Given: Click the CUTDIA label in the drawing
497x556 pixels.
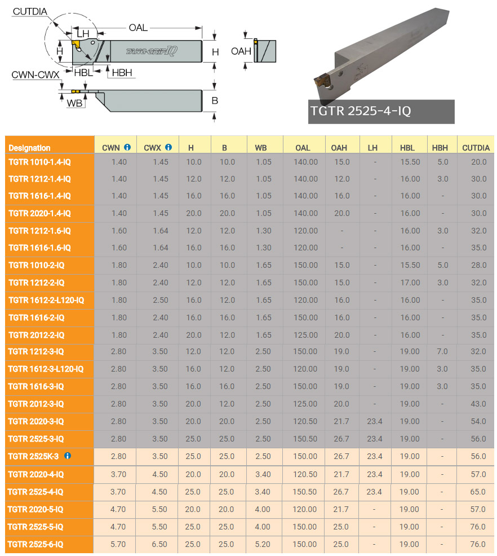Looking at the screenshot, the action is tap(30, 11).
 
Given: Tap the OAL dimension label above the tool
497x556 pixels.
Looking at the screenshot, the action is tap(138, 28).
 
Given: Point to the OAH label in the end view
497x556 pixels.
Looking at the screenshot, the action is tap(241, 51).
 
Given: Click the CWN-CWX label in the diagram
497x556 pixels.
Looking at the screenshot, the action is tap(35, 75).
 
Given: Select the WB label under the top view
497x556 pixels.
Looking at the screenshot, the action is tap(74, 103).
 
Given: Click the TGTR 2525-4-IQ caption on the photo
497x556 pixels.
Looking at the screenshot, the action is tap(361, 111).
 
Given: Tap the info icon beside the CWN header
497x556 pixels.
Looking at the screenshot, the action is tap(127, 147).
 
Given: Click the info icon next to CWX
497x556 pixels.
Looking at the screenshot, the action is tap(168, 147).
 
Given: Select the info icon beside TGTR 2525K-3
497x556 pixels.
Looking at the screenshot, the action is tap(67, 456).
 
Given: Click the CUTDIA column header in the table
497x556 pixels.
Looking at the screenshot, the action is tap(476, 148).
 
